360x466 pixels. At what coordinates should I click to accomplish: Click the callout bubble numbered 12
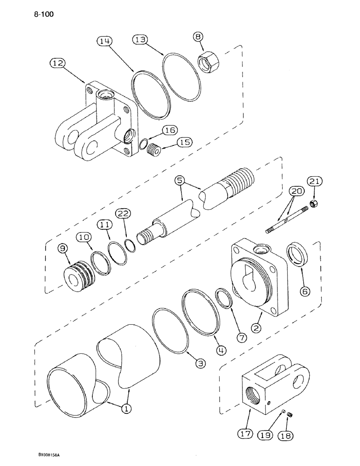(59, 63)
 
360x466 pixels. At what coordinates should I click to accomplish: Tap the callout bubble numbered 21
(313, 181)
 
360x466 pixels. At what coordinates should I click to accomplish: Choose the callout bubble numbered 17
(248, 433)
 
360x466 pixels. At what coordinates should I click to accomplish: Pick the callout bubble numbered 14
(105, 42)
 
